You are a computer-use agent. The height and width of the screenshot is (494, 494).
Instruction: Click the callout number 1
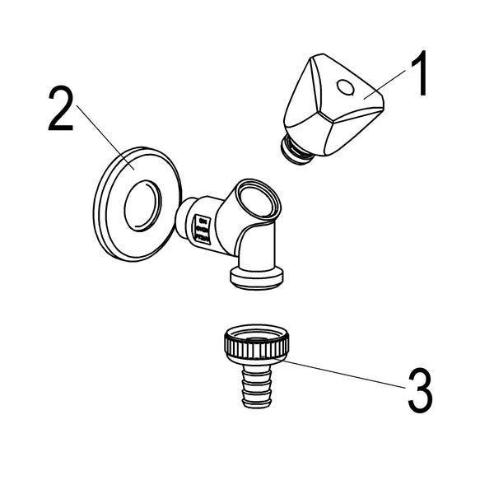[x=419, y=73]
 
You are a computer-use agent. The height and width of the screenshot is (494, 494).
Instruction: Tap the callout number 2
[x=61, y=108]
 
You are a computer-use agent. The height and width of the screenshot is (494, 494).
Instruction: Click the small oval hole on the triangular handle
[x=345, y=87]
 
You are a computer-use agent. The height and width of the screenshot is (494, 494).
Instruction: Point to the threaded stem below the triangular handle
[x=296, y=150]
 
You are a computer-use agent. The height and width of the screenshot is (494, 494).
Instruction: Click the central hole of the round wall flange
[x=142, y=206]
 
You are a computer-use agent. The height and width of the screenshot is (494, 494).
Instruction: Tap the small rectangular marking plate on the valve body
[x=203, y=229]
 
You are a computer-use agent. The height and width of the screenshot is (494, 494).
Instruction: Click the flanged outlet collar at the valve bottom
[x=256, y=278]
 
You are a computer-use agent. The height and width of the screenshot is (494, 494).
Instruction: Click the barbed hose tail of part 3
[x=257, y=385]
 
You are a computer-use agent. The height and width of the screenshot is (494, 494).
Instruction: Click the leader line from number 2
[x=105, y=137]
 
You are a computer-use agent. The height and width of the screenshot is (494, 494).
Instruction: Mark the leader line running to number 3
[x=333, y=372]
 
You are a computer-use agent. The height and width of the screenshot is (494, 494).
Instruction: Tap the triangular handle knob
[x=334, y=105]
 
